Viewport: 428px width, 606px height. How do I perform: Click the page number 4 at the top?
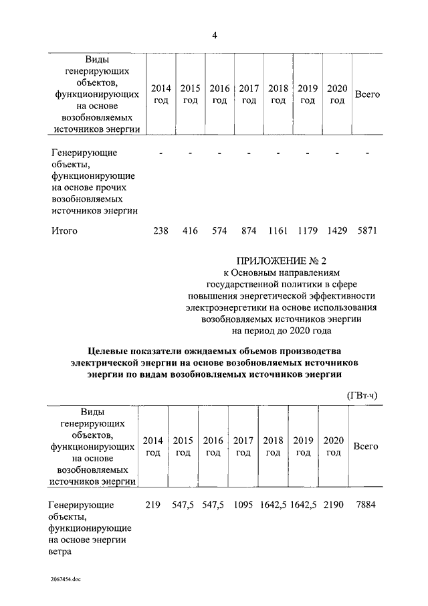click(214, 35)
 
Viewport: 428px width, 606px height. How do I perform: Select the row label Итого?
click(64, 231)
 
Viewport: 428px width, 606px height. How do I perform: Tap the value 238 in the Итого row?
click(161, 231)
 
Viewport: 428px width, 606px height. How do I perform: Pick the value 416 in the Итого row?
click(191, 231)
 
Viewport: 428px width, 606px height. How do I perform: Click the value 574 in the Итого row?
click(219, 231)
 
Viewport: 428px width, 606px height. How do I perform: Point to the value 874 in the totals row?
click(249, 231)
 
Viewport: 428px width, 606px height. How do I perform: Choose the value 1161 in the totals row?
click(278, 231)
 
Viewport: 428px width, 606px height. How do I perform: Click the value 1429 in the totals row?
click(337, 231)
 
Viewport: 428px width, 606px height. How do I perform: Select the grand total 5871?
click(368, 231)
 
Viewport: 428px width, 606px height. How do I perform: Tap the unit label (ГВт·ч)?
click(362, 395)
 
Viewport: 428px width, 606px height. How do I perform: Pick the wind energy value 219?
click(153, 504)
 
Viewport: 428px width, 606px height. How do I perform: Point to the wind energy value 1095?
click(243, 504)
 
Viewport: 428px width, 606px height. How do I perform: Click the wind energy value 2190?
click(332, 504)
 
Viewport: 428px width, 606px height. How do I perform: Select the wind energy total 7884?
click(366, 504)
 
